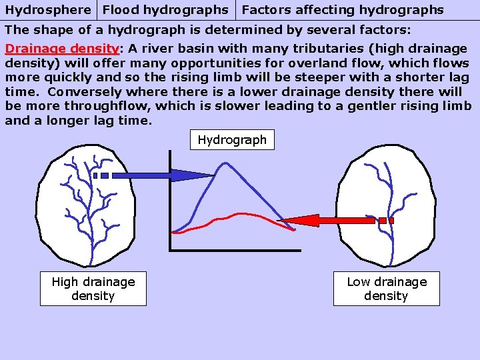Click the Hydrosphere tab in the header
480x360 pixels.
click(x=48, y=10)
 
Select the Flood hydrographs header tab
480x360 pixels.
click(x=165, y=10)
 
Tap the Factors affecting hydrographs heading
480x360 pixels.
click(x=342, y=10)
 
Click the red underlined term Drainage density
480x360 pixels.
click(x=61, y=49)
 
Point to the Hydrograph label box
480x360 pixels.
click(x=232, y=140)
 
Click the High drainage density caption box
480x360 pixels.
click(x=93, y=289)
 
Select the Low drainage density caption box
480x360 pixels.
click(x=387, y=289)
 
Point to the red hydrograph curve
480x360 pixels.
click(x=233, y=216)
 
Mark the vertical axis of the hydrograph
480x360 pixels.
click(x=170, y=200)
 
